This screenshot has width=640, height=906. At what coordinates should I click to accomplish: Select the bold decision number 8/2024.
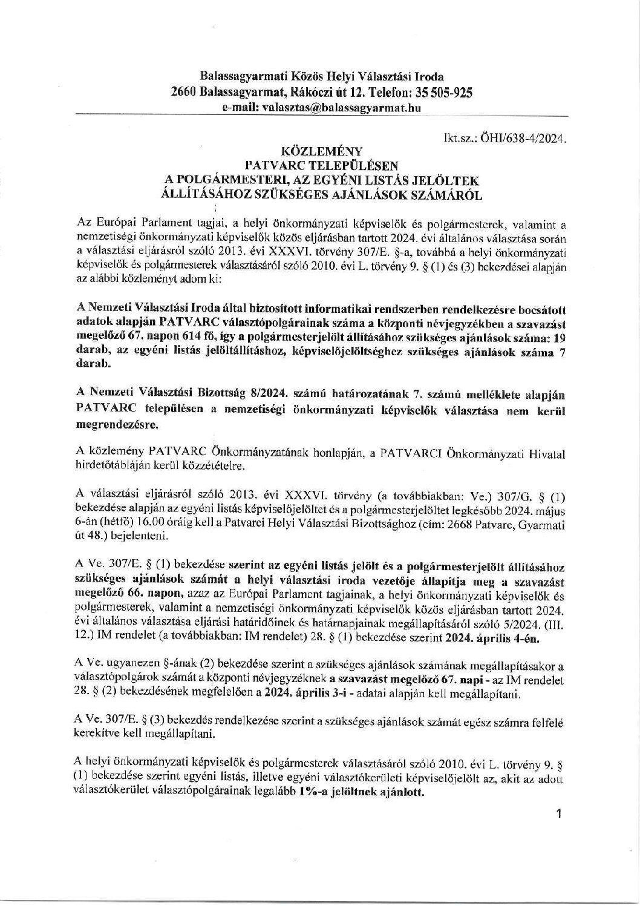coord(254,394)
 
